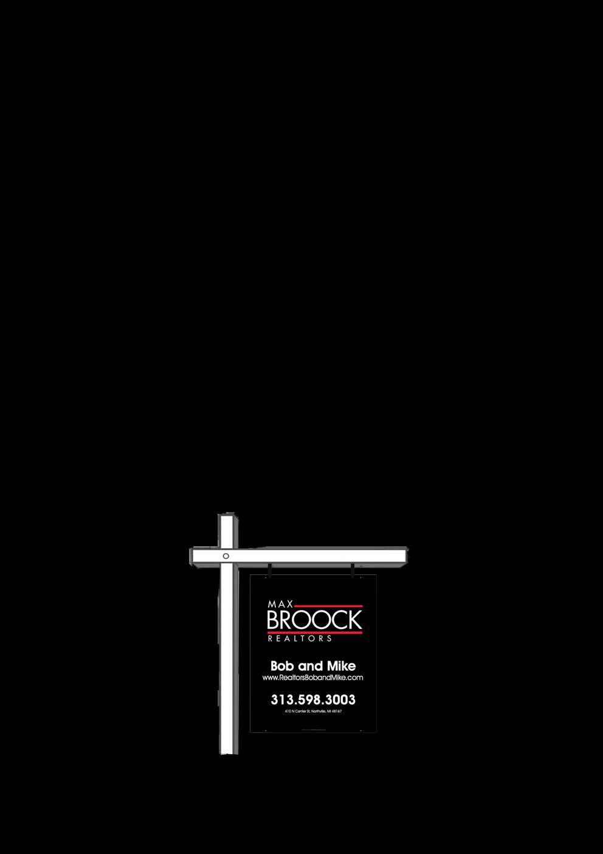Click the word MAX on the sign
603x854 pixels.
[x=280, y=604]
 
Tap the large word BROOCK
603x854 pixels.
[x=314, y=620]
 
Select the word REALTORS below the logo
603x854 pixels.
[x=300, y=639]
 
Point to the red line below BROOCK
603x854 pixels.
[x=314, y=633]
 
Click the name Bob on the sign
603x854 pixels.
[x=283, y=666]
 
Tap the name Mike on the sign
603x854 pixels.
[x=341, y=666]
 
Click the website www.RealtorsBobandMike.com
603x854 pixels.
[x=312, y=678]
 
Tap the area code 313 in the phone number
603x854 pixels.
[x=282, y=700]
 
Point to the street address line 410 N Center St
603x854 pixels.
[x=313, y=711]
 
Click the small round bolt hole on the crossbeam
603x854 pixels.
[x=226, y=556]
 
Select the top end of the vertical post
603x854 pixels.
[x=227, y=517]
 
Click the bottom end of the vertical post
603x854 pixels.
[x=229, y=751]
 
